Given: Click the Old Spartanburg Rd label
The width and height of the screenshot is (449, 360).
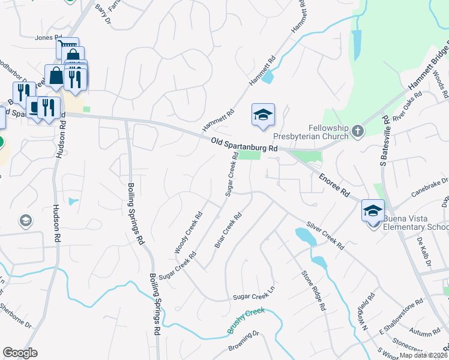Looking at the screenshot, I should point(244,144).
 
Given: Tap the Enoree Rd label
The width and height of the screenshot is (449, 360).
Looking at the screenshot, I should point(334,185).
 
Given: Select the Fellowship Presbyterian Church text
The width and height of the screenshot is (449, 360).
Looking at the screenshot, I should point(328,132).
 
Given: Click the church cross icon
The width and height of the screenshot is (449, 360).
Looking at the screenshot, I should point(358,131).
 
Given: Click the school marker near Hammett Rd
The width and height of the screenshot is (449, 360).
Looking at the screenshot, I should point(262,115).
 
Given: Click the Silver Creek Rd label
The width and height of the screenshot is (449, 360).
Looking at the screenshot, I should point(325,236).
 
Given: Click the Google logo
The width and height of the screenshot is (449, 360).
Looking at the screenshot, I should point(20,353).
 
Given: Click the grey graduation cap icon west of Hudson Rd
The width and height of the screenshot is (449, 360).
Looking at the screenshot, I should point(26,221).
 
